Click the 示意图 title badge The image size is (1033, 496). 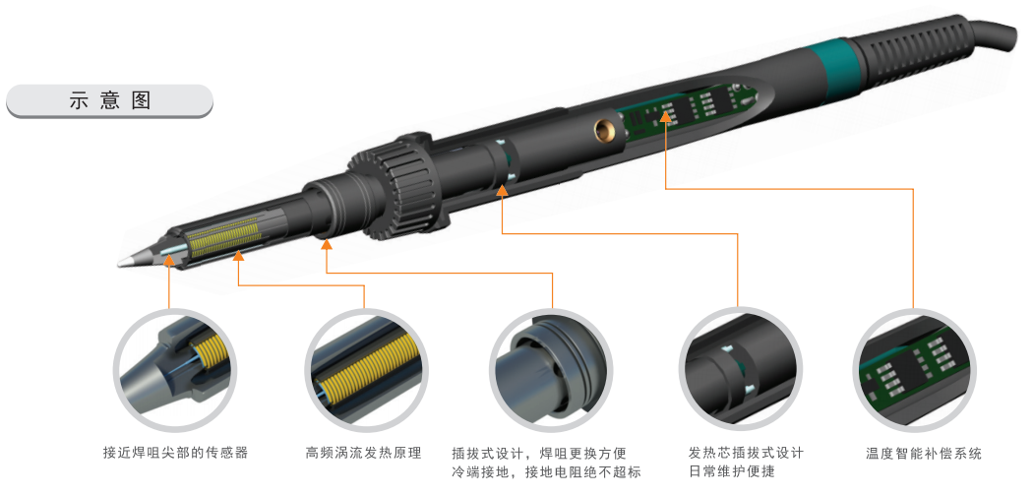click(110, 100)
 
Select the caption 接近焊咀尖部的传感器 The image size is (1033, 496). click(176, 453)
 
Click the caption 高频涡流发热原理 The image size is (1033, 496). click(364, 453)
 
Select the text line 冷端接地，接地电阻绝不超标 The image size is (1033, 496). click(546, 471)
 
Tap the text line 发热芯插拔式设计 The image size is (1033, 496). click(746, 453)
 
